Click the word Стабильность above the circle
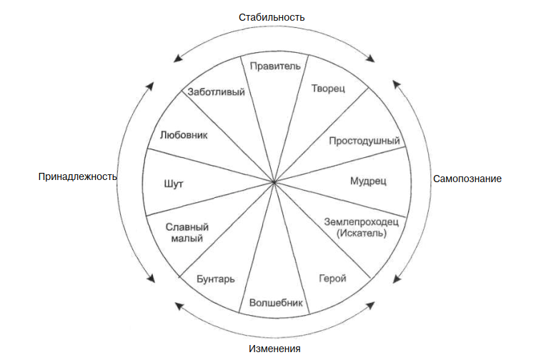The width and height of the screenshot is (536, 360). pyautogui.click(x=272, y=16)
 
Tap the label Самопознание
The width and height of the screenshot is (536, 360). pyautogui.click(x=467, y=178)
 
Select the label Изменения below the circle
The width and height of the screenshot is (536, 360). pyautogui.click(x=274, y=349)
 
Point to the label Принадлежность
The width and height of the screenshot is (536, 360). pyautogui.click(x=77, y=176)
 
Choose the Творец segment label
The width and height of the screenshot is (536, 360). pyautogui.click(x=329, y=89)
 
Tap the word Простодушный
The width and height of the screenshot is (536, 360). pyautogui.click(x=364, y=140)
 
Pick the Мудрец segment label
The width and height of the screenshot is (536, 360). pyautogui.click(x=368, y=181)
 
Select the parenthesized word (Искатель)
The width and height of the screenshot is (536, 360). pyautogui.click(x=362, y=233)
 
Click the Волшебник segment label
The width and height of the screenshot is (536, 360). pyautogui.click(x=277, y=302)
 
